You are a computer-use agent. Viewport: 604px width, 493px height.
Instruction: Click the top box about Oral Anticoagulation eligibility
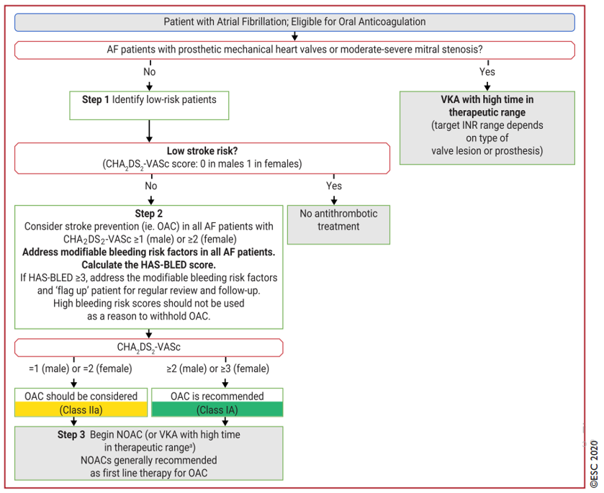click(294, 22)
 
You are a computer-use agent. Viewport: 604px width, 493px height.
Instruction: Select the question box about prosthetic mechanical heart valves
click(294, 50)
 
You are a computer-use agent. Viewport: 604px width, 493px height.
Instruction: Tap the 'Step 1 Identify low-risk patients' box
click(149, 105)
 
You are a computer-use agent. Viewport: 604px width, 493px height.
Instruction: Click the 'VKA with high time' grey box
click(487, 128)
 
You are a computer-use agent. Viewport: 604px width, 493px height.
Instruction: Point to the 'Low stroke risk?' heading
click(202, 151)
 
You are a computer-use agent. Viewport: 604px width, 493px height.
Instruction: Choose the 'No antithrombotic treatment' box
click(338, 225)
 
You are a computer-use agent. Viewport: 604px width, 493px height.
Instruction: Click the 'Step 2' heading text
click(149, 214)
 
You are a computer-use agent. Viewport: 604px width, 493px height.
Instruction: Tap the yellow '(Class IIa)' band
click(81, 410)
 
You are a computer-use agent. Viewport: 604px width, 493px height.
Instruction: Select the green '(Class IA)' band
click(217, 410)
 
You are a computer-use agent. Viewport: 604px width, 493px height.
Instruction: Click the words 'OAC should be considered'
click(81, 396)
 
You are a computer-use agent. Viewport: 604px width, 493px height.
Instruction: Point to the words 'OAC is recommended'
click(217, 396)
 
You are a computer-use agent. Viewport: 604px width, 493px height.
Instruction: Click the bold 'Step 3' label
click(71, 435)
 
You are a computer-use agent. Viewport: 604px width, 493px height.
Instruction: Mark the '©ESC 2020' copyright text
click(594, 464)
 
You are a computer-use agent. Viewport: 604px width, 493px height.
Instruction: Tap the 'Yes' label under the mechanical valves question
click(487, 72)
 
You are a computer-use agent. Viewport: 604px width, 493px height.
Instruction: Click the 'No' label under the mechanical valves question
click(150, 72)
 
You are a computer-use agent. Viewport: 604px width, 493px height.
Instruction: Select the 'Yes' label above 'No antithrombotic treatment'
click(334, 186)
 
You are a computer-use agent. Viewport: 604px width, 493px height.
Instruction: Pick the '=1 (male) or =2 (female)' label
click(81, 368)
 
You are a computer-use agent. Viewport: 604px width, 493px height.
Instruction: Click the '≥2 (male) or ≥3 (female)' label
click(218, 368)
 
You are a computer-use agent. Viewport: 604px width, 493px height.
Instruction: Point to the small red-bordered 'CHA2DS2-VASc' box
click(149, 348)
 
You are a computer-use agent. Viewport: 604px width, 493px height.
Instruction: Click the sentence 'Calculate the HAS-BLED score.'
click(149, 265)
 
